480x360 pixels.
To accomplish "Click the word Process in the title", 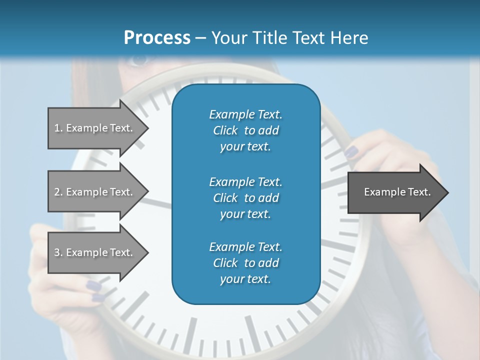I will (x=157, y=37).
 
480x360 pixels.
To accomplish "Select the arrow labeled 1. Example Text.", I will (x=95, y=128).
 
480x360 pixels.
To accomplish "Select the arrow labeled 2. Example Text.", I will (x=95, y=192).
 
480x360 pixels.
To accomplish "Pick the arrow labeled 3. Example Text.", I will (x=95, y=252).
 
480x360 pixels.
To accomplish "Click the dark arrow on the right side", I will (x=395, y=192).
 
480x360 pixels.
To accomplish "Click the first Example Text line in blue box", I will (x=245, y=114).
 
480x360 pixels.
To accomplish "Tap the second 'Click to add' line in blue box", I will (x=245, y=198).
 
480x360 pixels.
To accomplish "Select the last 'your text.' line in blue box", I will (x=245, y=279).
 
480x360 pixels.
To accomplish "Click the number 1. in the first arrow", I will (x=58, y=128).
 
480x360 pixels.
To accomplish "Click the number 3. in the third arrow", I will (x=58, y=252).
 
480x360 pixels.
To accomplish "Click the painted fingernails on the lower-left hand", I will (x=93, y=287).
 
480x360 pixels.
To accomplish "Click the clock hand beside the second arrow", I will (x=159, y=203).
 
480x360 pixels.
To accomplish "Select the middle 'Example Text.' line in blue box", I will (x=245, y=181).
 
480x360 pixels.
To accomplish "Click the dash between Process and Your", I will (x=201, y=38).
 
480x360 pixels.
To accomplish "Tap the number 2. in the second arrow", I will (x=58, y=192).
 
